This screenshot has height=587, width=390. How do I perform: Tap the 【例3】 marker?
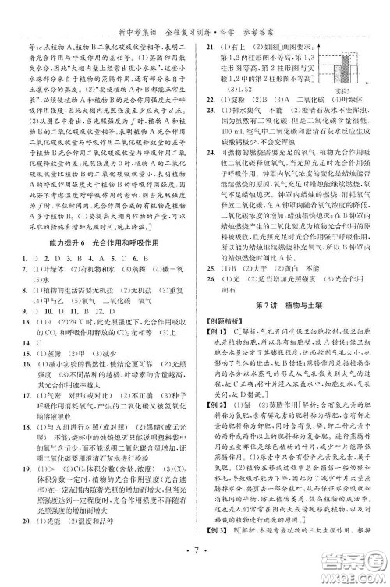click(214, 553)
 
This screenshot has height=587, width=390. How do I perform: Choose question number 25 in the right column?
click(207, 265)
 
